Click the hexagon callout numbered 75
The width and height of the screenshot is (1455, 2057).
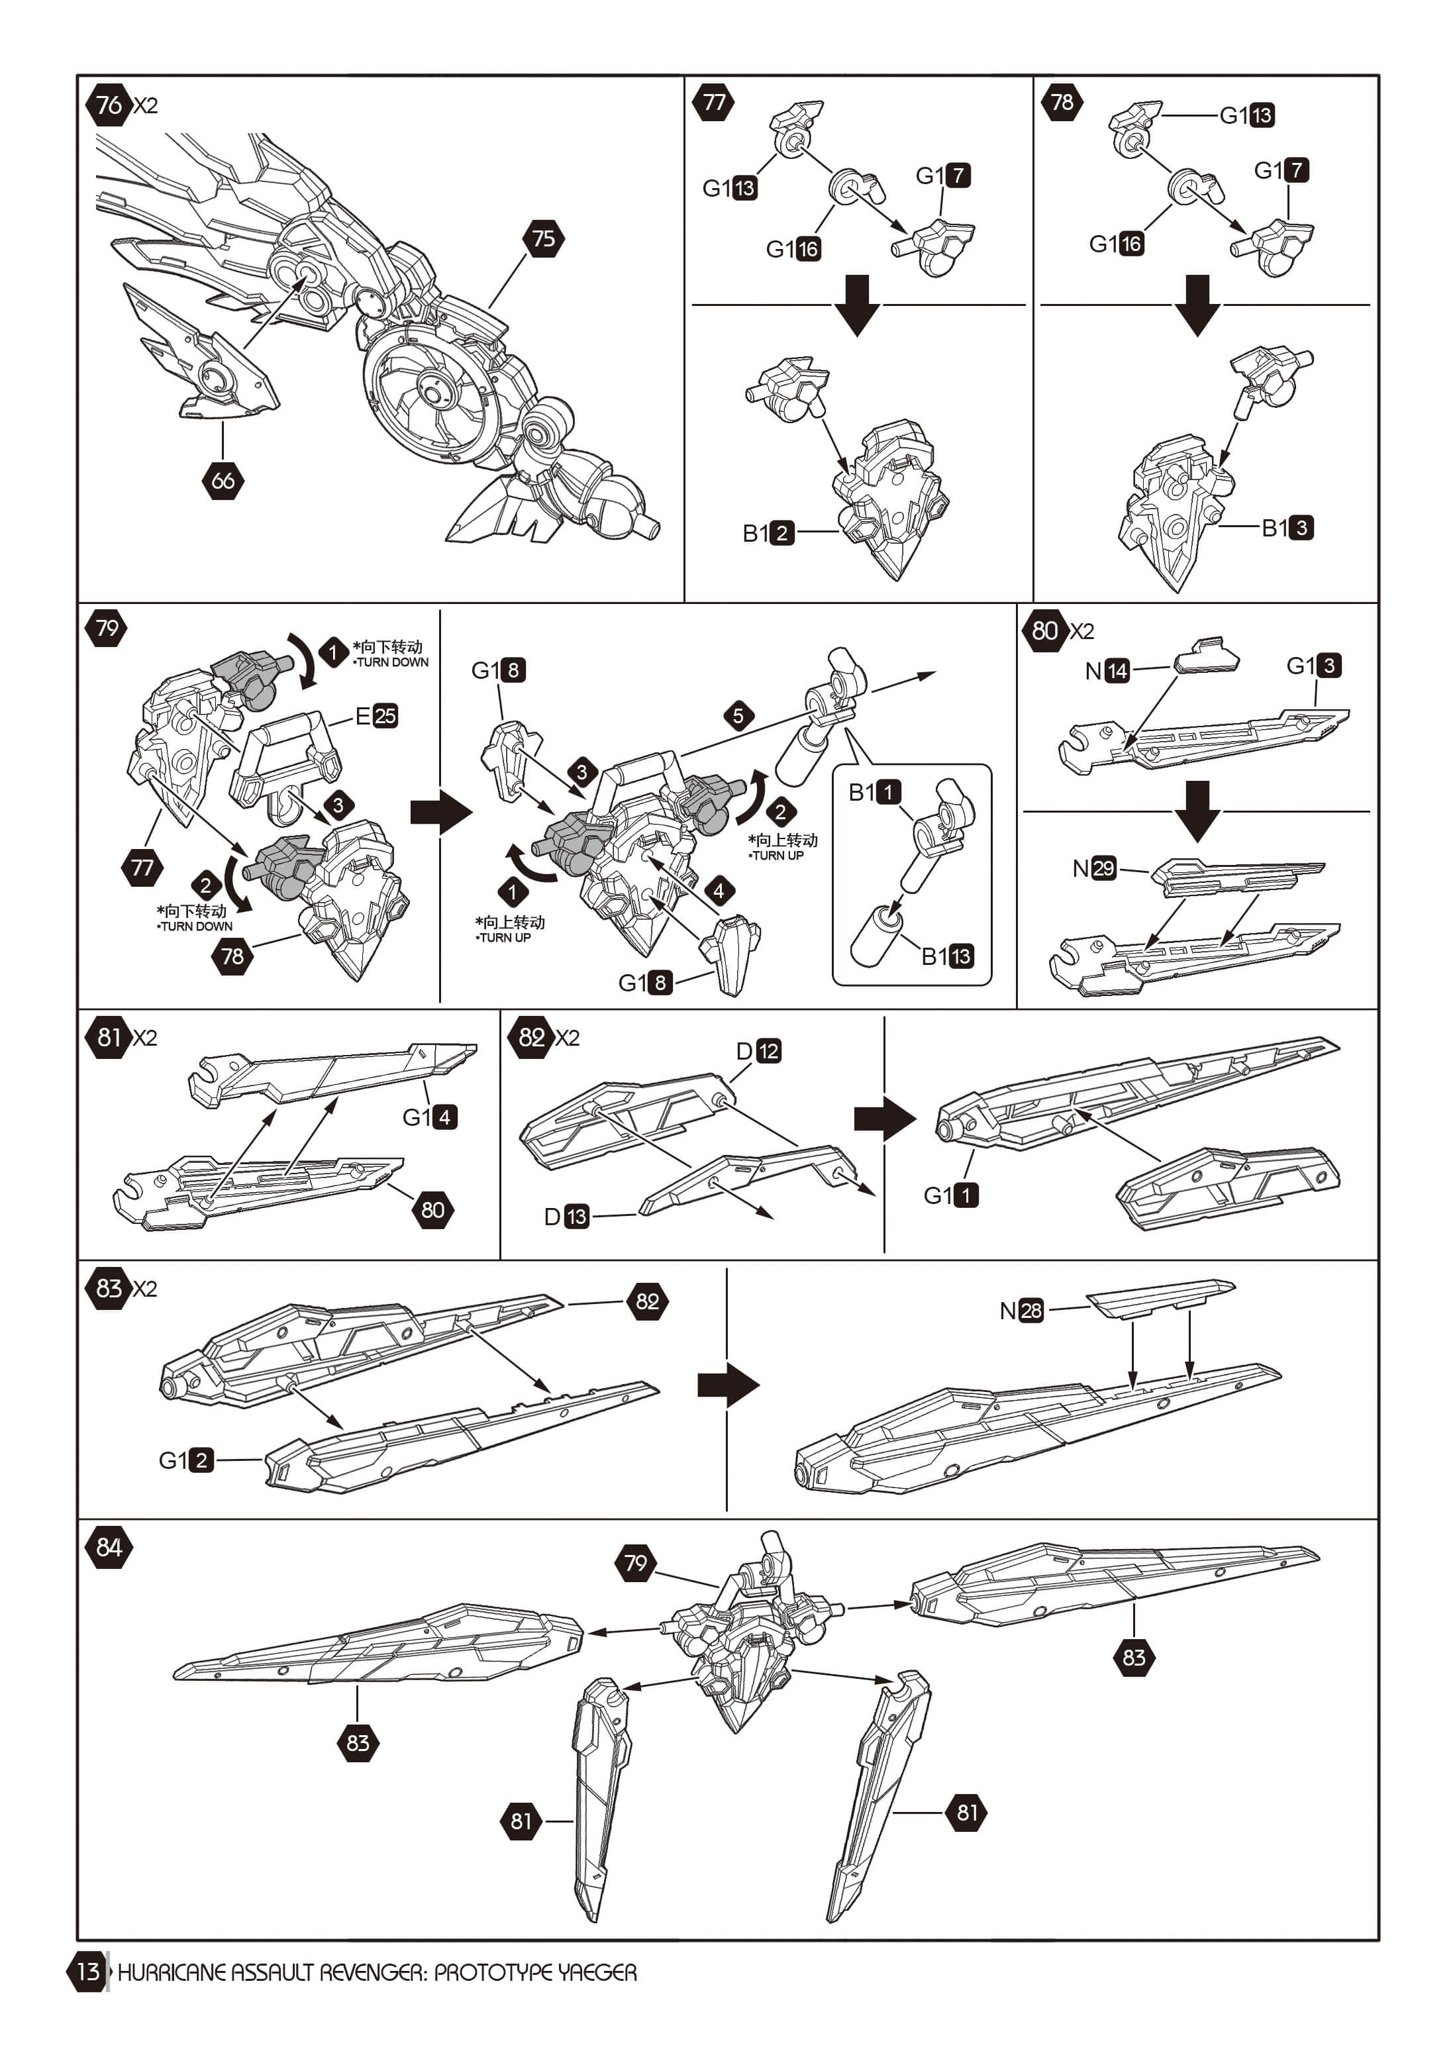click(x=543, y=238)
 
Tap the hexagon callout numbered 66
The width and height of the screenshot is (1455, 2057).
click(x=223, y=480)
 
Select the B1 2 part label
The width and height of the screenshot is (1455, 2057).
click(x=768, y=533)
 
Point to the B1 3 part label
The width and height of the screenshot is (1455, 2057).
click(x=1287, y=528)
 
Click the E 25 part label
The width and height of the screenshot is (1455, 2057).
click(x=376, y=716)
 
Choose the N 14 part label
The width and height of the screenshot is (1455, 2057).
click(x=1107, y=671)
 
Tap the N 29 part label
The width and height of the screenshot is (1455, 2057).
click(x=1095, y=868)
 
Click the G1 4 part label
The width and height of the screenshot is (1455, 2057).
click(x=430, y=1117)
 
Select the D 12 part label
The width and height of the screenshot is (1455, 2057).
click(x=758, y=1051)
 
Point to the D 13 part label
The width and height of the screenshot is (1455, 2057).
click(x=566, y=1217)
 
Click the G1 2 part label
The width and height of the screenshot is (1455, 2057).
click(x=186, y=1460)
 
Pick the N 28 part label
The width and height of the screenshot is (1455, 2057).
click(x=1021, y=1311)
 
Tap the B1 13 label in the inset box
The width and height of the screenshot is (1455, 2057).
click(x=947, y=956)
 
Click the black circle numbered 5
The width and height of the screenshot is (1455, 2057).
click(x=738, y=716)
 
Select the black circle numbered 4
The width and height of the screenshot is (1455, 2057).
click(x=719, y=891)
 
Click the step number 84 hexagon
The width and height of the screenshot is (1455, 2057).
click(x=109, y=1547)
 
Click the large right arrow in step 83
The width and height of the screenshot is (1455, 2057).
click(x=728, y=1385)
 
